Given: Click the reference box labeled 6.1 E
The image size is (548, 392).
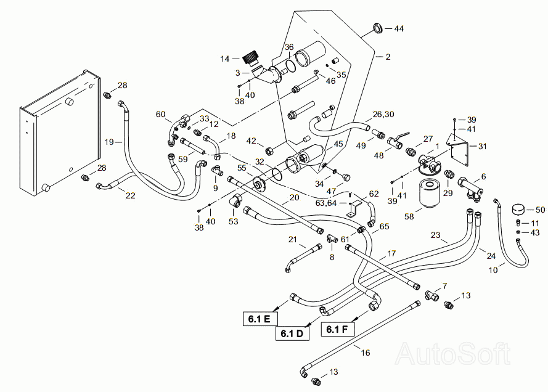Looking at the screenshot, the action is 261,319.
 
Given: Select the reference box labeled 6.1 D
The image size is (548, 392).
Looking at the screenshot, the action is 293,333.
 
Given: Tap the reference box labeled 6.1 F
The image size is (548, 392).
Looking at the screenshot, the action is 338,329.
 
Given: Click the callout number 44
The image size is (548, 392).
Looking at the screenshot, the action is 399,28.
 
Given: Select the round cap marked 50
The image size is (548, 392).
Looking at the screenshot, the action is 519,210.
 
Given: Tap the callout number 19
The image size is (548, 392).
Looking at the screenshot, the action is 109,142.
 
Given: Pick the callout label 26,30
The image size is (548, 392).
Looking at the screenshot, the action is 383,114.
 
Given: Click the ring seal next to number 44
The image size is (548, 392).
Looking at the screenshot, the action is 378,28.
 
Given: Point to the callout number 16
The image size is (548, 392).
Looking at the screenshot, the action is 365,353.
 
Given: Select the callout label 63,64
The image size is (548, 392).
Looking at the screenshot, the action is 325,203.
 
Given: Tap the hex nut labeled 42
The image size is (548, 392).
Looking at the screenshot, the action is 270,151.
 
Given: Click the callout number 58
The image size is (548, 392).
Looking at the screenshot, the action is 409,216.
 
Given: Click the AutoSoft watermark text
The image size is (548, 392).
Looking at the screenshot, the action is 452,354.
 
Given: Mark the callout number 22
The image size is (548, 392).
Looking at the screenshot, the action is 130,195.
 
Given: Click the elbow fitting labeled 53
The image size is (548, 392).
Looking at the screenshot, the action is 235,200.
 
